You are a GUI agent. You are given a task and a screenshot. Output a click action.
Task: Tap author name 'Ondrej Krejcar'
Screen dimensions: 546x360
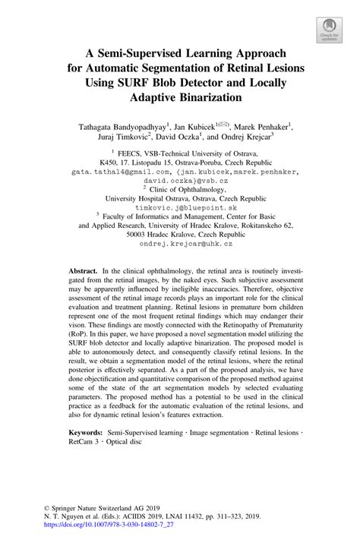[x=266, y=138]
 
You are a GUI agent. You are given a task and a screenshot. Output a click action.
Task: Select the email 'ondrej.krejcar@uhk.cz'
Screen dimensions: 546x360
[x=180, y=244]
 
